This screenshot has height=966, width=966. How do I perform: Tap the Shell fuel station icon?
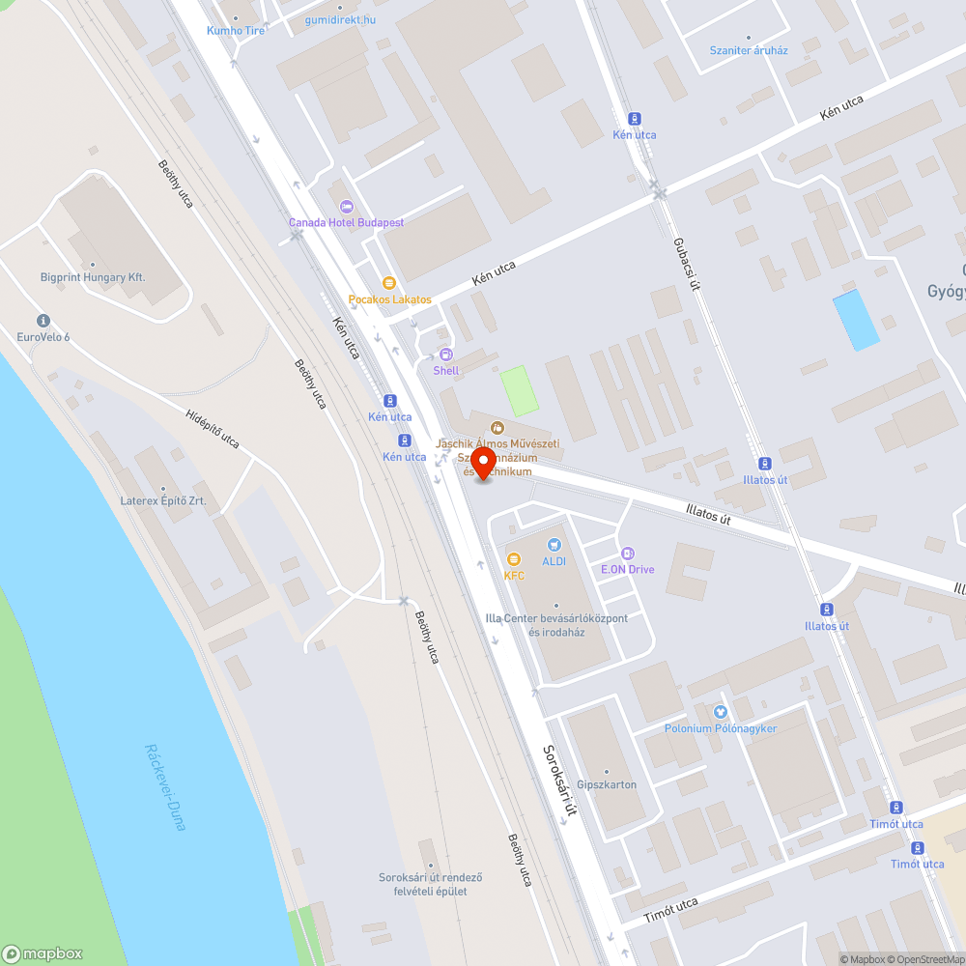445,355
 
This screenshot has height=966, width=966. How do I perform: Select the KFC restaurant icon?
514,559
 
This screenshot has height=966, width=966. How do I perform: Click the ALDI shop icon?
554,546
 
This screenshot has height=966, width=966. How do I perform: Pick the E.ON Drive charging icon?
628,554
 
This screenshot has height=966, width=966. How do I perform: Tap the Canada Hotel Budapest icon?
347,207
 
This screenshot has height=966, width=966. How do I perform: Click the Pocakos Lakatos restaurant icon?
389,283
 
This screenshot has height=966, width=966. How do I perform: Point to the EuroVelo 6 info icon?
43,321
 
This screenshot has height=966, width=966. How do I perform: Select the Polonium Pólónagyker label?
720,728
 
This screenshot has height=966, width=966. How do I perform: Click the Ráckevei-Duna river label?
158,787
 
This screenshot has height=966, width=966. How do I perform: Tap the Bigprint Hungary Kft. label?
93,277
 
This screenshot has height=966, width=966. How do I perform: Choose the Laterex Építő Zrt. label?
163,501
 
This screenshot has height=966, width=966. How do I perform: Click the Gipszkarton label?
607,784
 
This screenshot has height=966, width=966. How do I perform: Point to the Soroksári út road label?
559,781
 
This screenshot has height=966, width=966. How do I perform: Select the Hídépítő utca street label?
212,426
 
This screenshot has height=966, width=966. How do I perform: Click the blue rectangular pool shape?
856,320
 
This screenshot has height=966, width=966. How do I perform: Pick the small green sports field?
520,390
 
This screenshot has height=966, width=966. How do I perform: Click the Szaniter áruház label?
749,50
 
